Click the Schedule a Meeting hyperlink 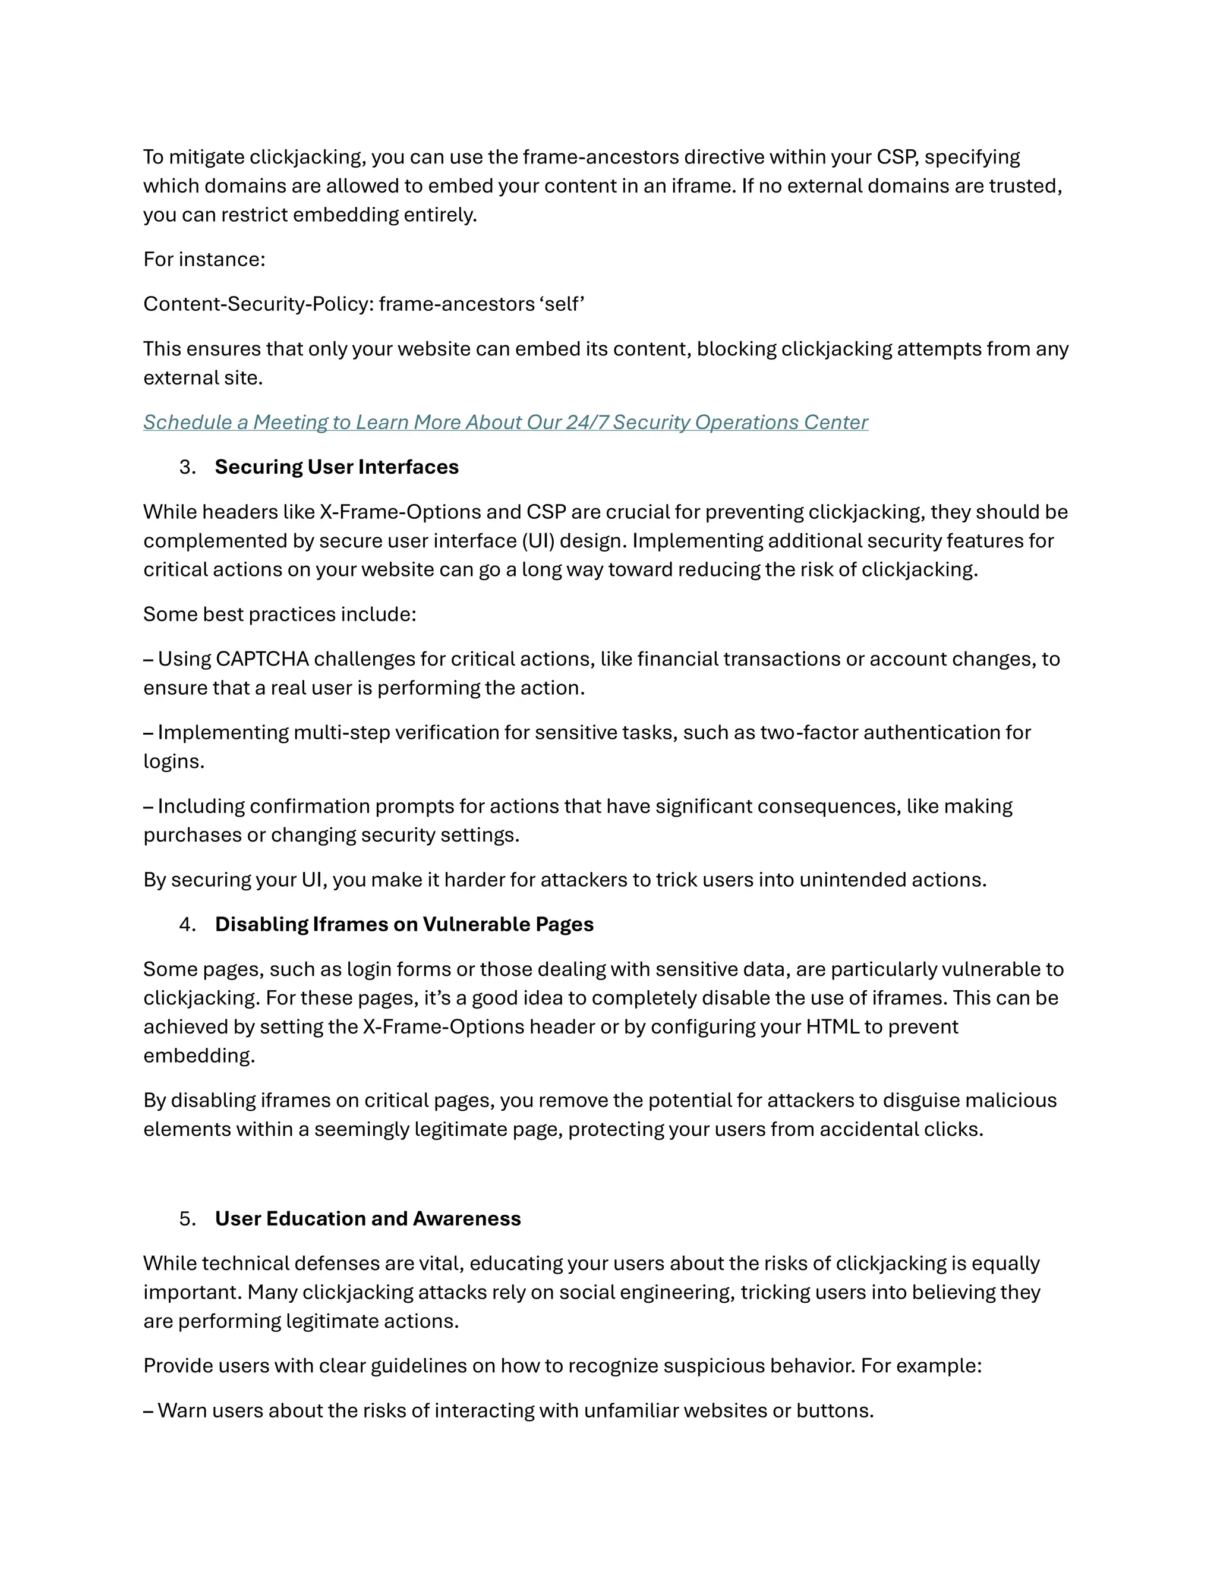(x=505, y=423)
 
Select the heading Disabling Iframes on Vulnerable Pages (x=403, y=925)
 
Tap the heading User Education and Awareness (x=368, y=1219)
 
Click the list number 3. (x=187, y=467)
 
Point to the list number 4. (x=187, y=925)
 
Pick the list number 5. (x=187, y=1219)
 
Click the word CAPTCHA (x=261, y=659)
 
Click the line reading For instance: (x=204, y=260)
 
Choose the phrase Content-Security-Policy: (x=259, y=304)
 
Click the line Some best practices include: (x=280, y=615)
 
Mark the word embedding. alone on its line (x=199, y=1056)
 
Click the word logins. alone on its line (x=174, y=761)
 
